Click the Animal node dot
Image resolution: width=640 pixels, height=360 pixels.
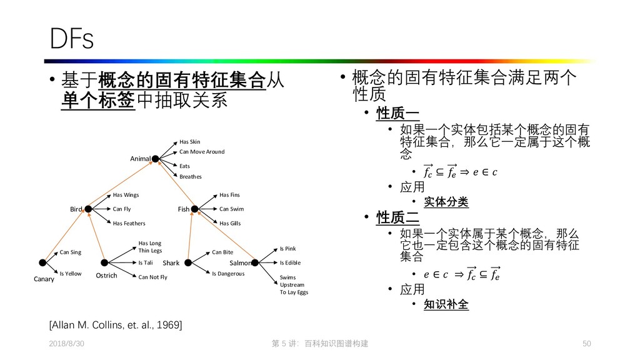pos(155,159)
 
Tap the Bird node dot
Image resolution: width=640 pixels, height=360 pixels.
pos(88,209)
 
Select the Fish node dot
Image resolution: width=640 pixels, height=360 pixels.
pos(194,209)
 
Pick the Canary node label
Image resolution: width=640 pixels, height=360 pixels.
pos(44,279)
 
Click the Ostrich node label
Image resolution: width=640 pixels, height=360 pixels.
pos(106,276)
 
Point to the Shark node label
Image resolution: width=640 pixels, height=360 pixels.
pos(171,263)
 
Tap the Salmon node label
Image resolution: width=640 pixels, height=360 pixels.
pos(240,263)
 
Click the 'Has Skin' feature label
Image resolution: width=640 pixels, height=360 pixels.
pos(190,142)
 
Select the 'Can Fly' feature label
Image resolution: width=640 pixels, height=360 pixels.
pos(122,209)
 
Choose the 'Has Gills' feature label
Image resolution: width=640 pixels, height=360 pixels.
pos(230,224)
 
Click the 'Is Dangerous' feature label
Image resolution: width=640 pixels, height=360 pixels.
pos(228,274)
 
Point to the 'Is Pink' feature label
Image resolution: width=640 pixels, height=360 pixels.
pos(287,249)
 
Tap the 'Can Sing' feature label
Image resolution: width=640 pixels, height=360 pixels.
pos(71,252)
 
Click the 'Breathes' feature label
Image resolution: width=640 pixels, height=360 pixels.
pos(191,177)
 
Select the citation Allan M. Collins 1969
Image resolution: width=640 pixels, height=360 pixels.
pos(116,324)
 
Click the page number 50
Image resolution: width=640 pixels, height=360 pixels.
pos(586,344)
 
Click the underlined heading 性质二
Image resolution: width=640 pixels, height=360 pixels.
pos(397,217)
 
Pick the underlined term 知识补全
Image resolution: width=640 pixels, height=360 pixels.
pos(446,305)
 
